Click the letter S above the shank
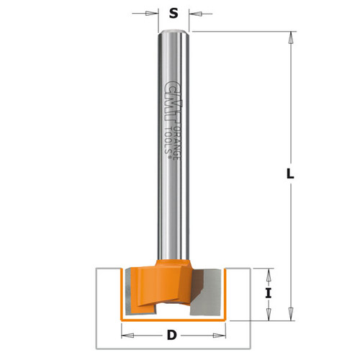point(173,12)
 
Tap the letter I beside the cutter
point(269,293)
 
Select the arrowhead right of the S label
point(194,12)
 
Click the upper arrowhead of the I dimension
point(269,273)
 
